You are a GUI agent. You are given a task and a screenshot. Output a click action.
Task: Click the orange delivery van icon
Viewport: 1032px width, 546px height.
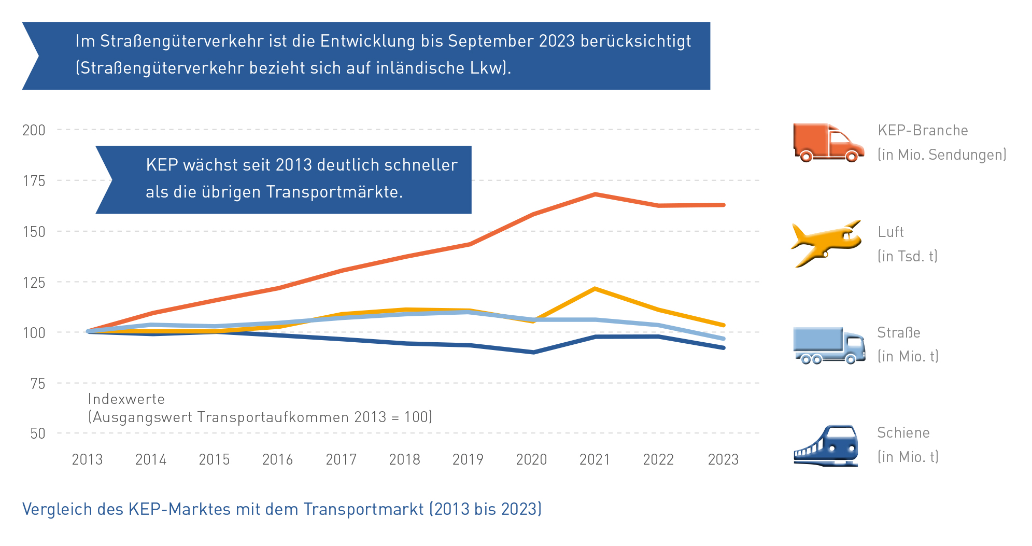(828, 143)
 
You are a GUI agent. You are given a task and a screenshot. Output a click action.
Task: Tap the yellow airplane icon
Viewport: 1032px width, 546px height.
(826, 243)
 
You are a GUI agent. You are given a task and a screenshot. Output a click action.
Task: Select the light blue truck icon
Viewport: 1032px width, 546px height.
(828, 345)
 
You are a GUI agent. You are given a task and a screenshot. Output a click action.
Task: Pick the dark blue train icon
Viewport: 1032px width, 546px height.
(826, 445)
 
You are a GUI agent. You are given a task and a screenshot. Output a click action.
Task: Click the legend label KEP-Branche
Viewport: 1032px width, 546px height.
(923, 131)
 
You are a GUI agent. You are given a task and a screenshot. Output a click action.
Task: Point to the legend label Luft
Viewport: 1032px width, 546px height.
(890, 232)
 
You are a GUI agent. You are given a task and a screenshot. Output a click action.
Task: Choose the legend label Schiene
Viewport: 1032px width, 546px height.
(903, 433)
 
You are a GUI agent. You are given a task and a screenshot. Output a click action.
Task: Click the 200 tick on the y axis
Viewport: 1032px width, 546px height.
(34, 130)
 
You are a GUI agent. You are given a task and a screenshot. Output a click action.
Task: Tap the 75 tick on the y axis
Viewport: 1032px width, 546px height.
(38, 384)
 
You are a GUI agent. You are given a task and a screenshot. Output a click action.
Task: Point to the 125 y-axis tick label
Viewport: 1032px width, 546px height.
(34, 283)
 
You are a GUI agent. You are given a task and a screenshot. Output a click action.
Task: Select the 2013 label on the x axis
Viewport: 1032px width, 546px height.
(87, 459)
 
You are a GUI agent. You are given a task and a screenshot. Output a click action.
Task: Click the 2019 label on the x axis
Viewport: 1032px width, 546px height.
(468, 459)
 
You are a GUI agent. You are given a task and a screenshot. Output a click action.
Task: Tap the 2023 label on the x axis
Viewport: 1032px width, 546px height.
(723, 459)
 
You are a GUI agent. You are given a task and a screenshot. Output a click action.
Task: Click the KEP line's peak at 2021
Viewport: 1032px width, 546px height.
(595, 194)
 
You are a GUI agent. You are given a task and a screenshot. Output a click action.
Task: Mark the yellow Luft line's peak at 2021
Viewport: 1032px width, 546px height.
(595, 288)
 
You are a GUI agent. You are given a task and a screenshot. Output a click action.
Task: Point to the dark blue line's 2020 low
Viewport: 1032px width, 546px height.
(533, 352)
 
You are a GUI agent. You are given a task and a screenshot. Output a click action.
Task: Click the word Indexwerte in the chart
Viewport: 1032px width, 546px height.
(126, 399)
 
